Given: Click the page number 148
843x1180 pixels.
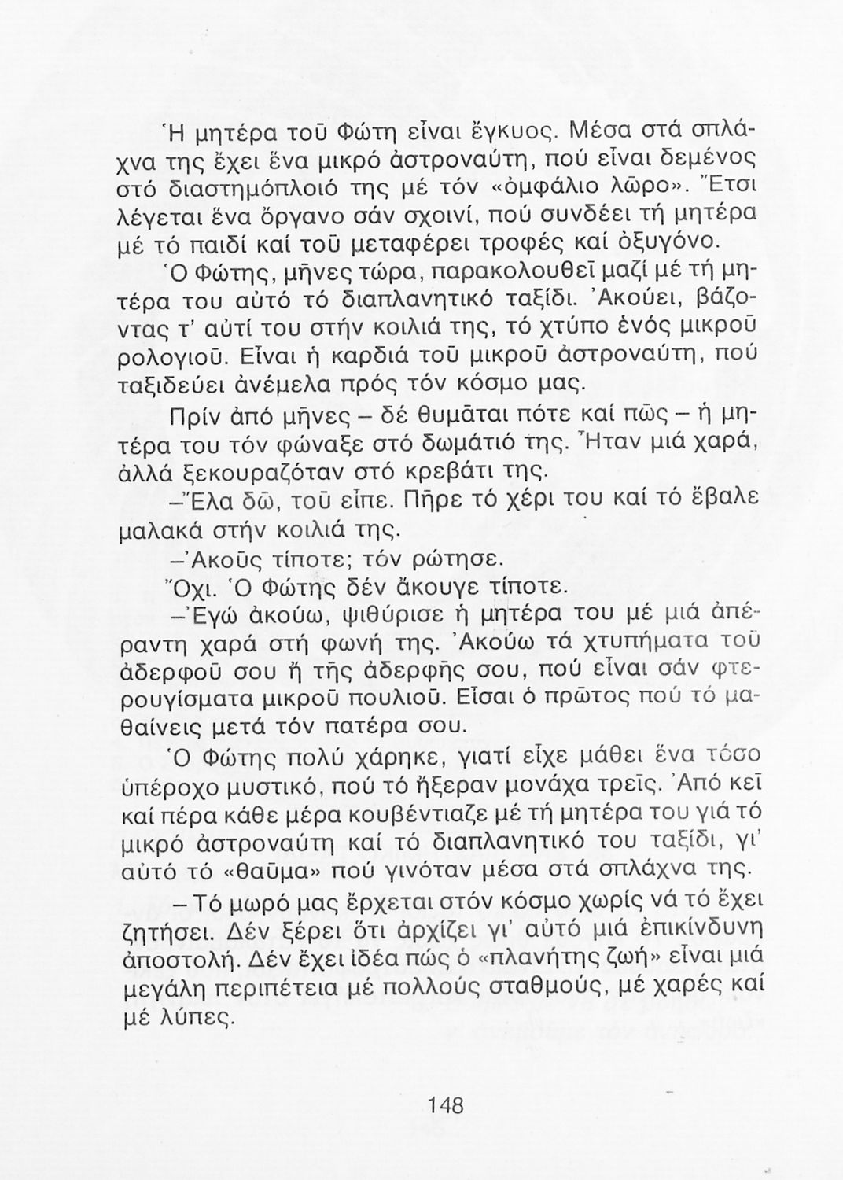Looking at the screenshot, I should click(x=447, y=1105).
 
